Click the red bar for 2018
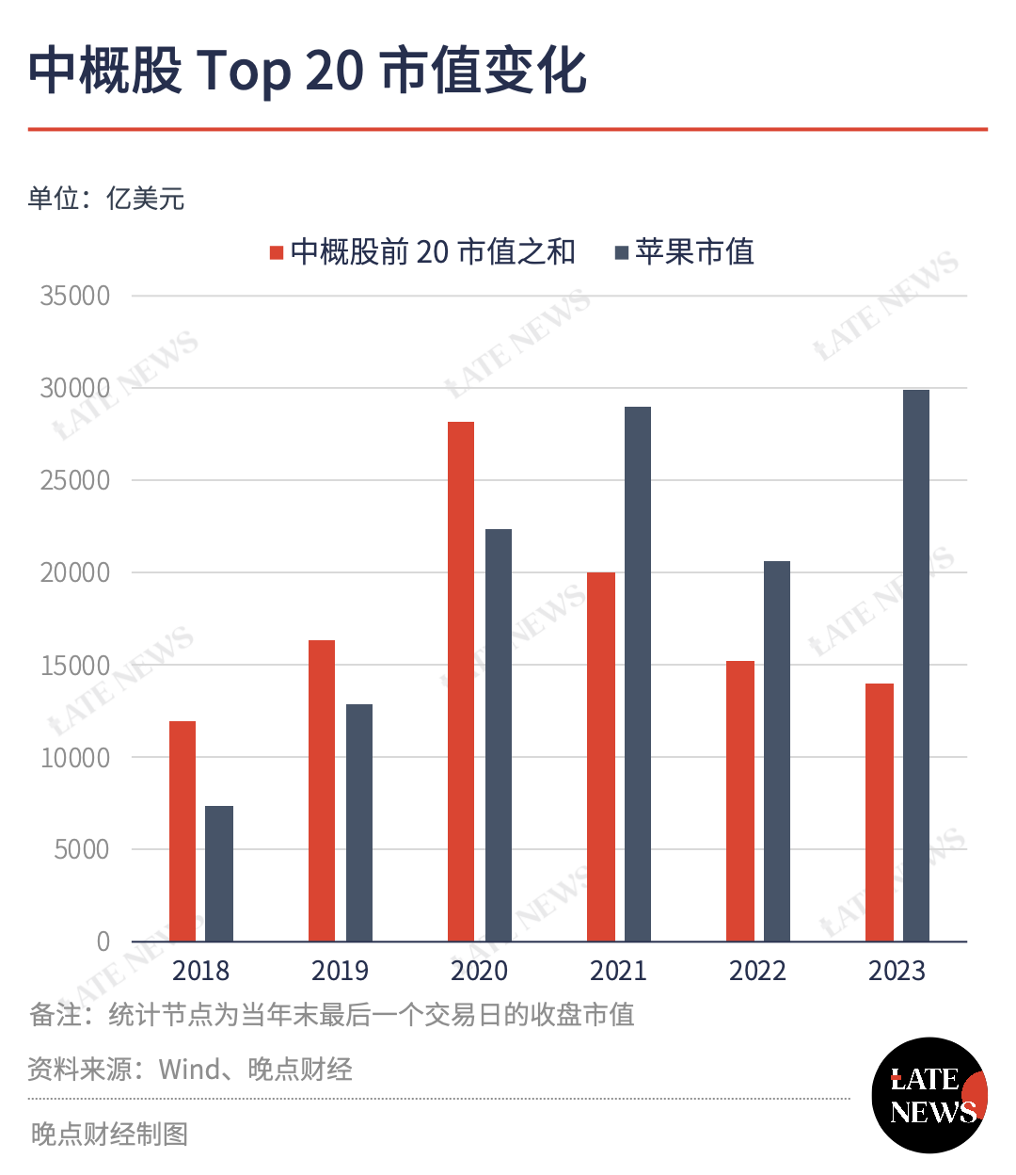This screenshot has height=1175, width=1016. [183, 831]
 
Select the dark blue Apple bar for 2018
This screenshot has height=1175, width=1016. [219, 874]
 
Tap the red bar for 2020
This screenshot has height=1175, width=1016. [461, 682]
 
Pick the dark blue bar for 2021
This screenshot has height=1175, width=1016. [638, 674]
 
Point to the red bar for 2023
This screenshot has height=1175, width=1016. [880, 813]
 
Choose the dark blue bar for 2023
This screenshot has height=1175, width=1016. [916, 666]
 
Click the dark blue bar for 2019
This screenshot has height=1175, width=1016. [359, 823]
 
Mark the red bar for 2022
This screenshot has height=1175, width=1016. [740, 801]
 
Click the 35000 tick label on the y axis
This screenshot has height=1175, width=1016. [74, 297]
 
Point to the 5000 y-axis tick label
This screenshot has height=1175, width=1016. [81, 849]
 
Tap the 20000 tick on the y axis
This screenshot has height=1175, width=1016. [74, 573]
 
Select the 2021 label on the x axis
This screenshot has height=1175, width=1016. [618, 971]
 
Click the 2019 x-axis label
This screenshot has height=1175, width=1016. [340, 971]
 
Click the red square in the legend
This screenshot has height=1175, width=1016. [277, 252]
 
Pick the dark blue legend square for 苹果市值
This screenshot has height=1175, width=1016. [622, 252]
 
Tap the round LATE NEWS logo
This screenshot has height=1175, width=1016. [929, 1095]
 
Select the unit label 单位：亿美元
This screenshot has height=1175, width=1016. [106, 199]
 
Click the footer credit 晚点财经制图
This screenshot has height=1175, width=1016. [109, 1135]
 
